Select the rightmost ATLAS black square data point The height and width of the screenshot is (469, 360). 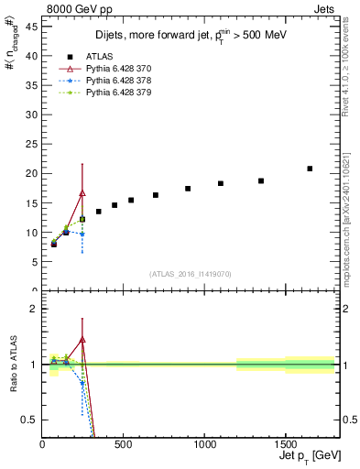pyautogui.click(x=310, y=169)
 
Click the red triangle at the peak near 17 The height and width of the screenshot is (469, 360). pyautogui.click(x=82, y=193)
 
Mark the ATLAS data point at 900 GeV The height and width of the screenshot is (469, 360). pyautogui.click(x=188, y=189)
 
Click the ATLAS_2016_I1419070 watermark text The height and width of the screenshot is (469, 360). pyautogui.click(x=190, y=273)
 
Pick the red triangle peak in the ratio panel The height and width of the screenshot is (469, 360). pyautogui.click(x=82, y=340)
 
